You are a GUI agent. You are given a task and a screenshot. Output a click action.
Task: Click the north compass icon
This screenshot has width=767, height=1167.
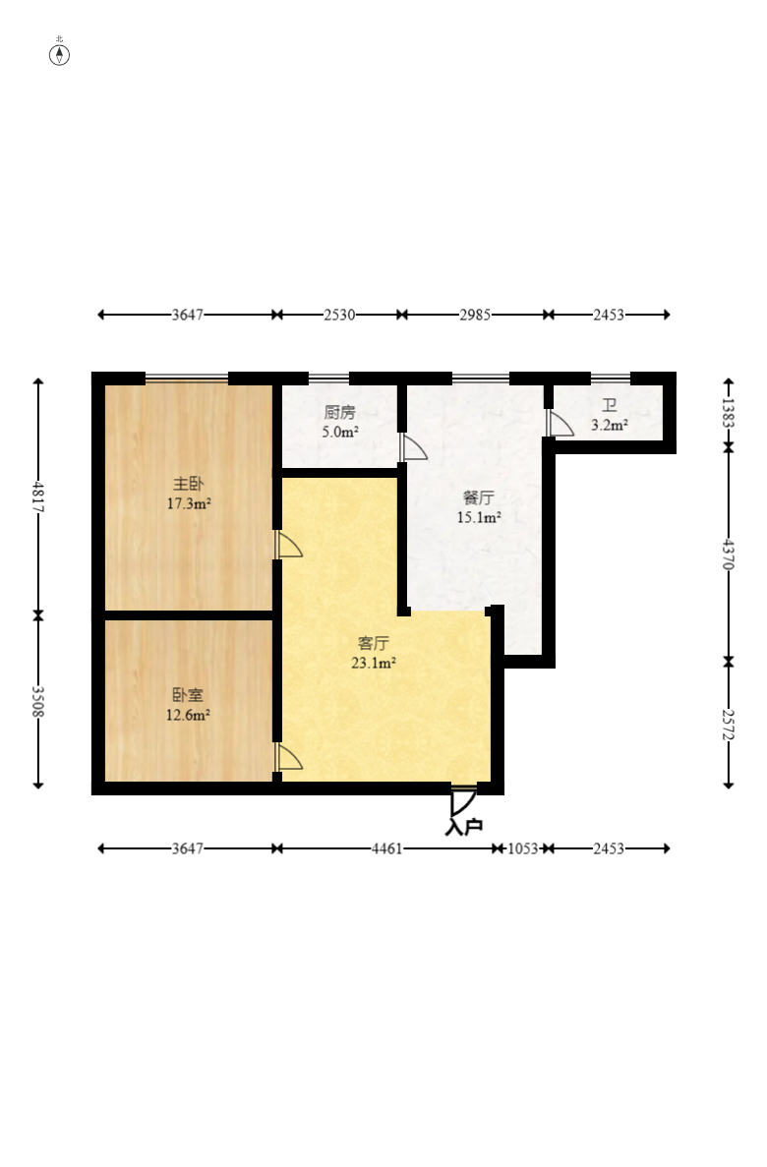pos(60,53)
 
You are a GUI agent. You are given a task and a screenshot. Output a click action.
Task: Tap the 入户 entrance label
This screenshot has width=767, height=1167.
pos(464,827)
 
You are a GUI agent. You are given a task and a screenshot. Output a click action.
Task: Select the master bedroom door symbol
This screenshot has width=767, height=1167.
pos(288,546)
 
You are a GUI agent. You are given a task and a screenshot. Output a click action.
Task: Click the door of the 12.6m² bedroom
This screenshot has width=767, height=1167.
pos(288,757)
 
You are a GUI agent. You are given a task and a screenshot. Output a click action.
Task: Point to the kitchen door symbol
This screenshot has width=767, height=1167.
pos(414,447)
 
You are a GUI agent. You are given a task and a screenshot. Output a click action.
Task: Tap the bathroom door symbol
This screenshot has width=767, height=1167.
pos(560,423)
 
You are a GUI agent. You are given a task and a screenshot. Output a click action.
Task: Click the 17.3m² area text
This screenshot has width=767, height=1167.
pos(189,503)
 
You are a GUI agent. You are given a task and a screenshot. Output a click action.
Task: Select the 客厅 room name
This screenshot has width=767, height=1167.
pos(374,644)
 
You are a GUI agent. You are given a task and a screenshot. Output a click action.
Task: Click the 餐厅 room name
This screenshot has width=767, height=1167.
pos(479,497)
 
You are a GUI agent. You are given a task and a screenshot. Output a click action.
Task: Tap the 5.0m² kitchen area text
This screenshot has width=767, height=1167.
pos(340,431)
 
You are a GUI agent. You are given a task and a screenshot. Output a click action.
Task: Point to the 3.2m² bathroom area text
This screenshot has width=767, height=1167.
pos(610,426)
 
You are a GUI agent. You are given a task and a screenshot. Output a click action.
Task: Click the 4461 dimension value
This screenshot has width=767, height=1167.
pos(386,848)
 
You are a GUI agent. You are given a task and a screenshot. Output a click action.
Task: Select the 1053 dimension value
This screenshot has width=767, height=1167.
pos(523,848)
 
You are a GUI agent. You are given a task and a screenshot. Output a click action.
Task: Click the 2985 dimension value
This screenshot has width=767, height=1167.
pos(476,315)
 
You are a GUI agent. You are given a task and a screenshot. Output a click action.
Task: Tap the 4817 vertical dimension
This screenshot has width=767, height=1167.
pos(38,496)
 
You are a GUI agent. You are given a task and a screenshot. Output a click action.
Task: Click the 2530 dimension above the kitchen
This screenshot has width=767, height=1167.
pos(339,315)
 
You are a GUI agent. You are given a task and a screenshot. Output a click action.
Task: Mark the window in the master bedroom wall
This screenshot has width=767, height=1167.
pos(187,378)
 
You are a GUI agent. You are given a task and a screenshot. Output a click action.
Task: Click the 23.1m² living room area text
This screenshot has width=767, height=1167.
pos(374,663)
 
